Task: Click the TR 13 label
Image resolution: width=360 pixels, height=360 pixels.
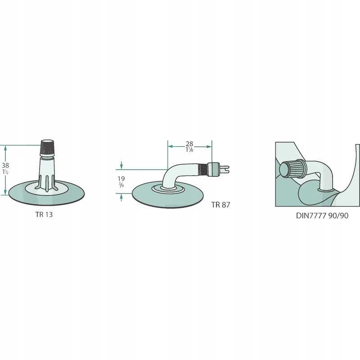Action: (44, 215)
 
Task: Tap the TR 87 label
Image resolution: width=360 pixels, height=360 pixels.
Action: (220, 205)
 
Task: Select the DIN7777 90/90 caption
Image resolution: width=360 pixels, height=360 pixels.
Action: (322, 216)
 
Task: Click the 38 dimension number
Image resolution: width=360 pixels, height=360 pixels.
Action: (5, 165)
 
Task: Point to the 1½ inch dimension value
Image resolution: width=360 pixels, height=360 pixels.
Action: (5, 172)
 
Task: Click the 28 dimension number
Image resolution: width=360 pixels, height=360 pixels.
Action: (189, 144)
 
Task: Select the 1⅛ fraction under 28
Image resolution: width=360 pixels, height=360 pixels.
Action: (189, 150)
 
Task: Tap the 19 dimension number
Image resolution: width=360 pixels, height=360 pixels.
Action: (121, 178)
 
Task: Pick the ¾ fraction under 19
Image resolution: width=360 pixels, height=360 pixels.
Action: (121, 184)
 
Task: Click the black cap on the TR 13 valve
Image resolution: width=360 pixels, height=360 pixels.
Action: (48, 148)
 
